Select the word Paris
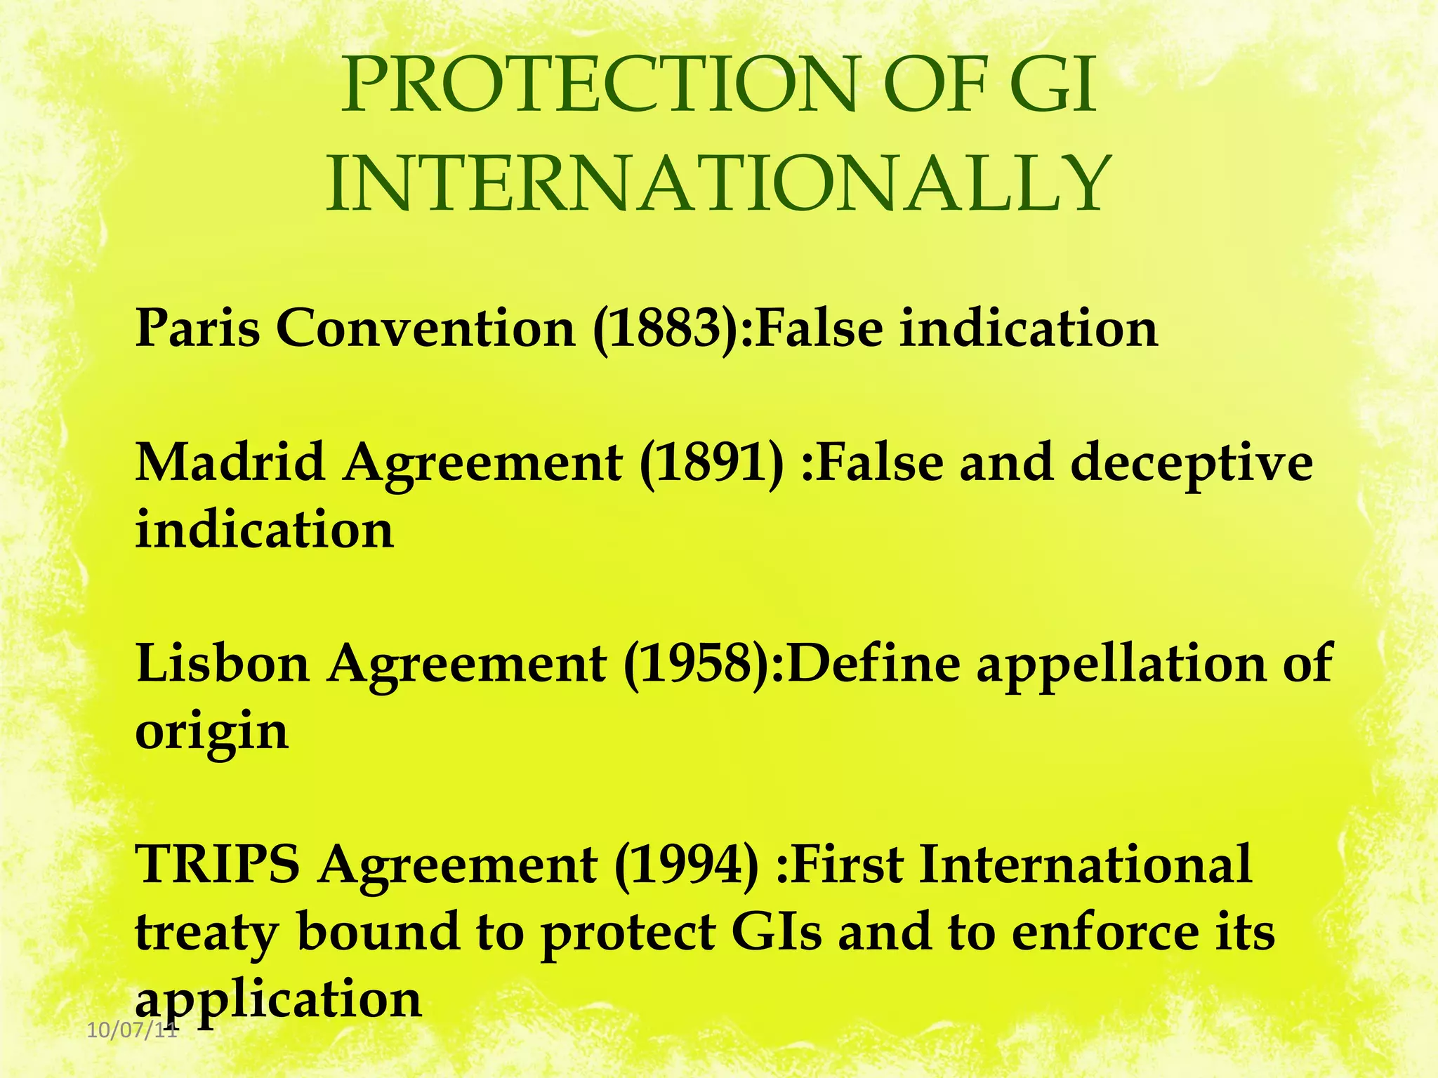197,328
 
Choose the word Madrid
230,463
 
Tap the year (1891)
711,463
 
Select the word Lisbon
223,663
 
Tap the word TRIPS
217,864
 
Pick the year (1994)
687,864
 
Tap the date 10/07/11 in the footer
131,1031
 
